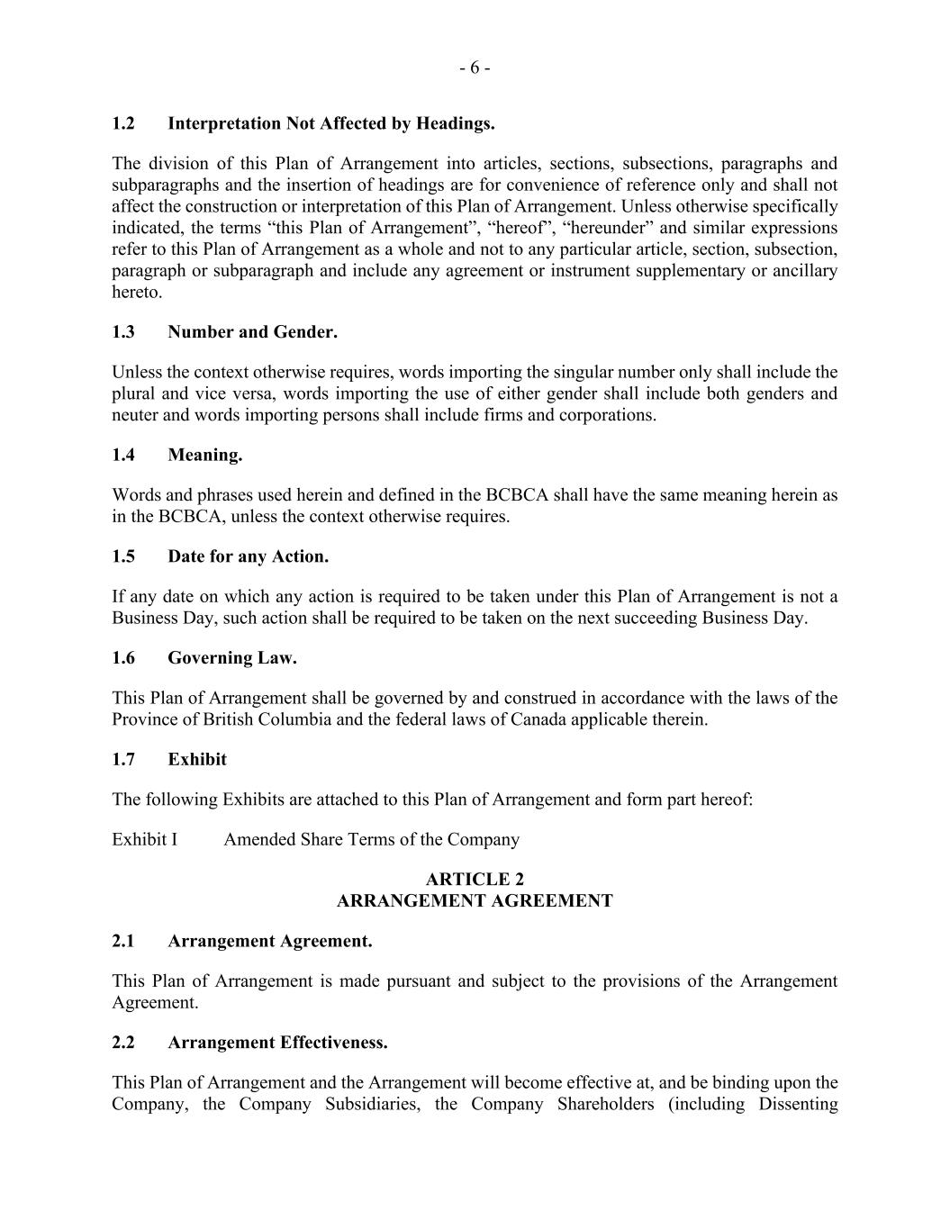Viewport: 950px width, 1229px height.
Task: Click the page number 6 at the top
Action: (475, 68)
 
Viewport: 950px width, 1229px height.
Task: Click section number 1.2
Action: (123, 123)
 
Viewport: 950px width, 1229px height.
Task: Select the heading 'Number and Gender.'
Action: (252, 332)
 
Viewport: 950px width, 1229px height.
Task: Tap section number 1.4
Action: (123, 456)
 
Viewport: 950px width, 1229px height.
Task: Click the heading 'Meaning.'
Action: (204, 456)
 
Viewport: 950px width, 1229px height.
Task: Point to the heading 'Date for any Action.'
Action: (248, 557)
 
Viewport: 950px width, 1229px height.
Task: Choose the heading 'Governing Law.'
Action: (231, 658)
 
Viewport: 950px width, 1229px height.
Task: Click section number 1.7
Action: (123, 760)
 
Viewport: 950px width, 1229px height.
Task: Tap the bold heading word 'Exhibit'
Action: (196, 760)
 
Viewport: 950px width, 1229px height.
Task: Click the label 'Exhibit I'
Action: (144, 840)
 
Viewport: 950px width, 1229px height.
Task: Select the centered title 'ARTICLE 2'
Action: (475, 880)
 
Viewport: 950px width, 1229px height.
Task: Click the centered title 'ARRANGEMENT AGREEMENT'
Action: (475, 901)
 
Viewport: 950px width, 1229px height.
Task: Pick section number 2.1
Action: (123, 942)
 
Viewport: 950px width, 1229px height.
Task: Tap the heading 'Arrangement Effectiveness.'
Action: (277, 1044)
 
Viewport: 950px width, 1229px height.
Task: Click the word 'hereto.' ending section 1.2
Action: (137, 293)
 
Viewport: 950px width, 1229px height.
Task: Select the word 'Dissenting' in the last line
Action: (798, 1105)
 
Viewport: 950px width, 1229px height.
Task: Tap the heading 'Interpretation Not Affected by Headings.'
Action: (330, 123)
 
